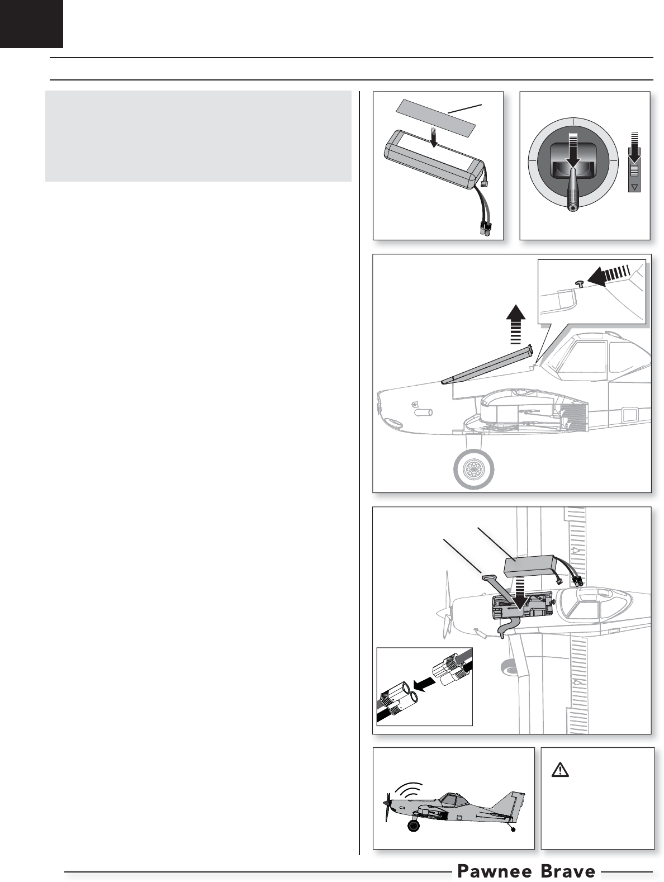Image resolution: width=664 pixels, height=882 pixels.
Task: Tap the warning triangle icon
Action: (559, 770)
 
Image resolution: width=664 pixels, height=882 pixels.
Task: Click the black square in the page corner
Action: (31, 23)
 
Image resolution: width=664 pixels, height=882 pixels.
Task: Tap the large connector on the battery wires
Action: (485, 231)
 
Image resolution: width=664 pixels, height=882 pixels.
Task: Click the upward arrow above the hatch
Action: (515, 324)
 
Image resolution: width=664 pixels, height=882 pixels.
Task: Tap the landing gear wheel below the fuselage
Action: (473, 468)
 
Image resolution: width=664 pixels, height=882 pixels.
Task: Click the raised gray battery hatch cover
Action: (487, 364)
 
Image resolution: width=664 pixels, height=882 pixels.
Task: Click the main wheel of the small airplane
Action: (414, 826)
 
